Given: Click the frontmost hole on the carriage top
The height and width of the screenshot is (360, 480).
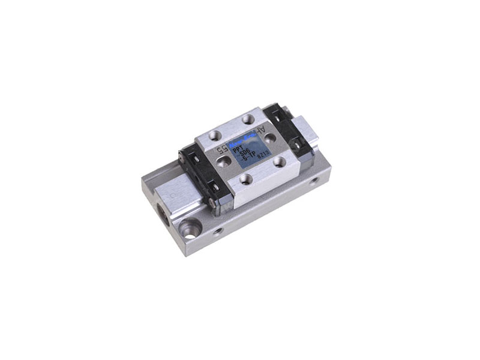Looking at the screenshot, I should (x=244, y=178).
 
